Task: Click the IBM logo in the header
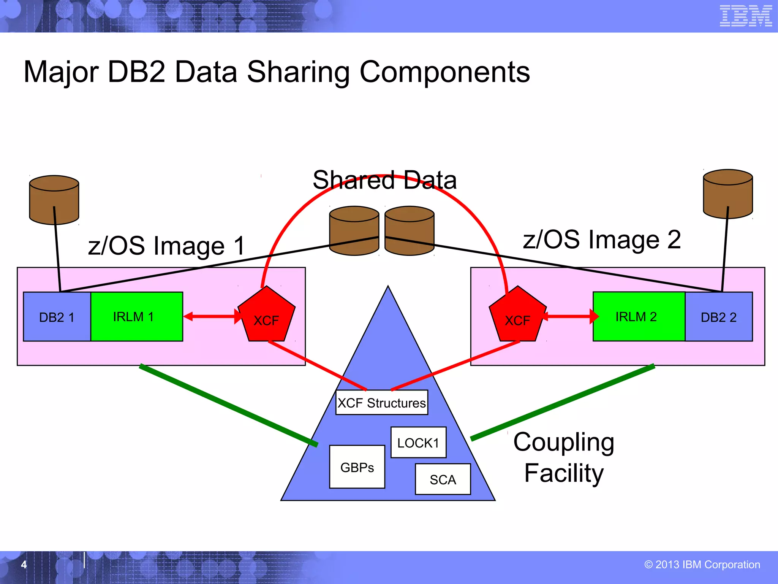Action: point(745,16)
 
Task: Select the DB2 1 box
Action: point(57,317)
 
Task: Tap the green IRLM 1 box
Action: point(137,317)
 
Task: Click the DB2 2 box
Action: point(718,317)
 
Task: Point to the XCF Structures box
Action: point(382,403)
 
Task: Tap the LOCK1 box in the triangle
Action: point(418,443)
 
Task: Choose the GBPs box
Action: point(357,467)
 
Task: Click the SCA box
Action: point(443,479)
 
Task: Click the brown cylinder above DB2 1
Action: point(54,200)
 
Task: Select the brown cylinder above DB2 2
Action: point(728,194)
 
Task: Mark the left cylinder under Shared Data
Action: point(354,231)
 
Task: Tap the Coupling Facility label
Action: point(564,457)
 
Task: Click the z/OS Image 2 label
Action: point(602,240)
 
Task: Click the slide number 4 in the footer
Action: point(24,565)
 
